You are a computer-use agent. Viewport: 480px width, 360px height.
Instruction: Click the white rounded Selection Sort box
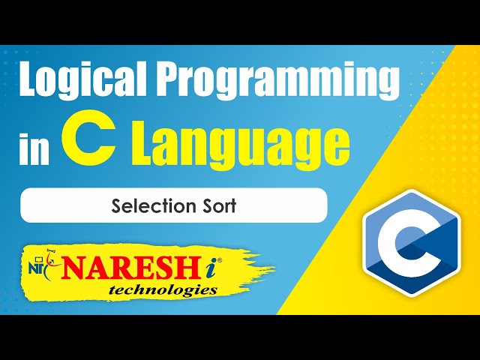[x=173, y=205]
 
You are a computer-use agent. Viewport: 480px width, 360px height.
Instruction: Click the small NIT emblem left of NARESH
[x=40, y=264]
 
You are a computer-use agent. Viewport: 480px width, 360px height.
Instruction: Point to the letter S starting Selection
[x=115, y=205]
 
